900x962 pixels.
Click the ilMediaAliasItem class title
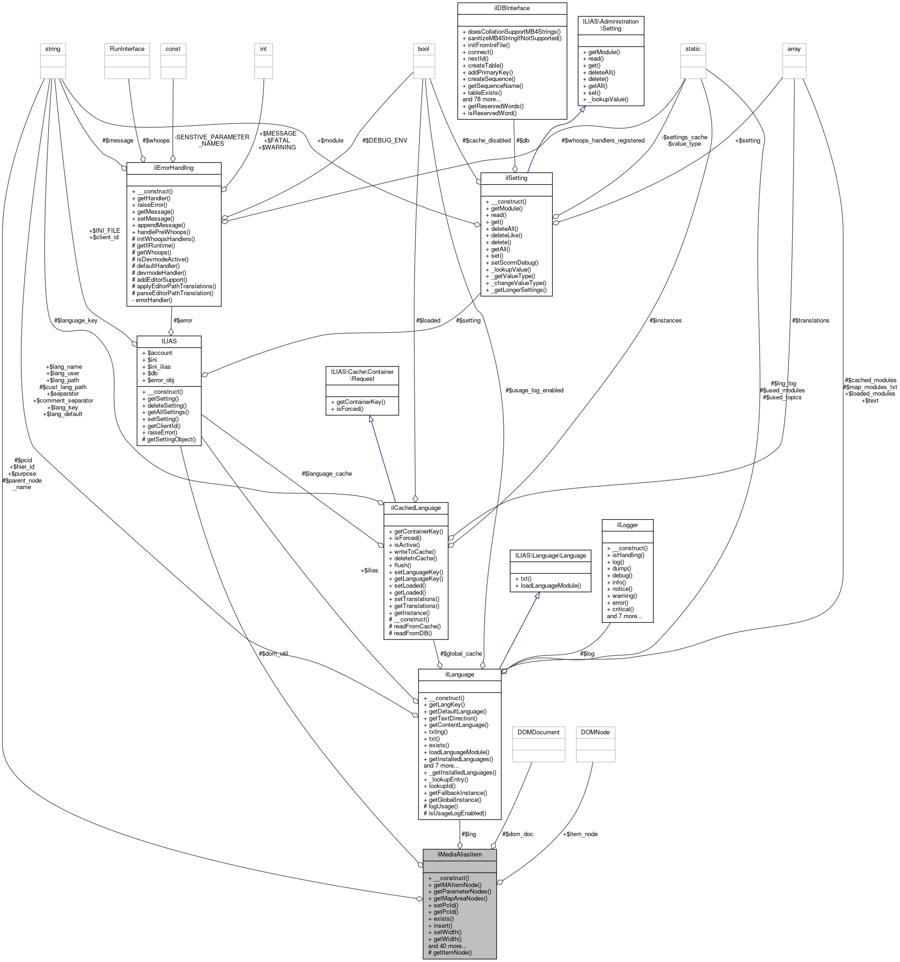pos(459,855)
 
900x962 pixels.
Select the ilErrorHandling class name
pos(173,168)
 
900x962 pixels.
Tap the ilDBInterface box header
pos(512,8)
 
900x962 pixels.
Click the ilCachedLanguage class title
pos(415,508)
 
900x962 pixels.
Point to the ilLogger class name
pos(627,525)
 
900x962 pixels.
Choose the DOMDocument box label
pos(538,732)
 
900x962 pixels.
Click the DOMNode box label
pos(595,732)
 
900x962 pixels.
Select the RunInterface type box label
pos(127,49)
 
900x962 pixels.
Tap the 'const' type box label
pos(173,49)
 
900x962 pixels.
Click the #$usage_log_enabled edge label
pos(534,391)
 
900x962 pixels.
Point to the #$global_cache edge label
pos(460,654)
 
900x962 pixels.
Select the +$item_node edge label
pos(580,834)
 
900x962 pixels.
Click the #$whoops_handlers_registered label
pos(603,140)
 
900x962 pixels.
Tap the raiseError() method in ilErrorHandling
pos(152,205)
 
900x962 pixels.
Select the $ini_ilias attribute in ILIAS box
pos(159,367)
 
